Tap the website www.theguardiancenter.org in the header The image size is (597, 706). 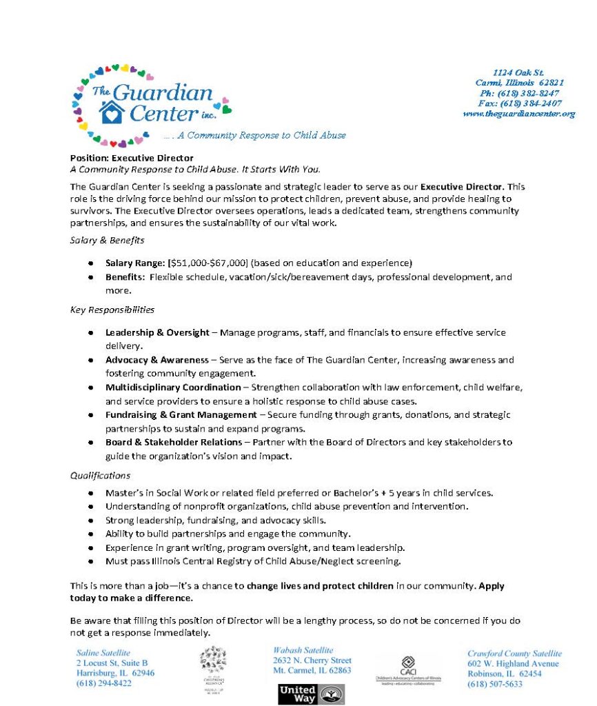(519, 113)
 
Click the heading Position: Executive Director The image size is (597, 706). (132, 158)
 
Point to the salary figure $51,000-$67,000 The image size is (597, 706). (207, 263)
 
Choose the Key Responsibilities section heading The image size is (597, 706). (112, 310)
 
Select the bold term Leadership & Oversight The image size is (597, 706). (156, 332)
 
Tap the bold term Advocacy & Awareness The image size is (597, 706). (156, 360)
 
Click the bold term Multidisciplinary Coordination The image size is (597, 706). (173, 387)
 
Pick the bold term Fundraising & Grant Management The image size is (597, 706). (181, 414)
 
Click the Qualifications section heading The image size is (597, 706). (100, 475)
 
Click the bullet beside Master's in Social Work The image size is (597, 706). (91, 494)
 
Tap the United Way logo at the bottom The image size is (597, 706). (311, 693)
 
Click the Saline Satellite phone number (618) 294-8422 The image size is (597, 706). (104, 683)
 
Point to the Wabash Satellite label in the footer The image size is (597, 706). (303, 650)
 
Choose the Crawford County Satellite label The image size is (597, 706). (514, 654)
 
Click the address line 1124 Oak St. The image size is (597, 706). (518, 72)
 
